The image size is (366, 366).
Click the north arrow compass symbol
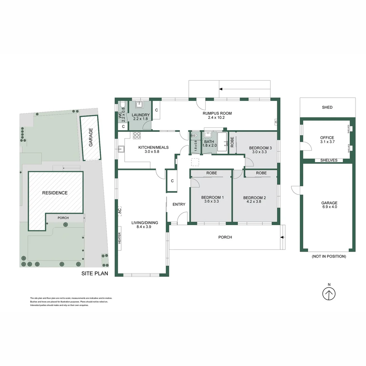coord(329,293)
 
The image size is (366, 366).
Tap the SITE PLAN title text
coord(95,273)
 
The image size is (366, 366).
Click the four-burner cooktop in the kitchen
coord(137,135)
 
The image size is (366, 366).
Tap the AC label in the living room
coord(119,210)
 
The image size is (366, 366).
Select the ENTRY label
coord(179,204)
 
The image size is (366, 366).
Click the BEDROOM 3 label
coord(260,148)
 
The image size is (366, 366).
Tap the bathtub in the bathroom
coord(222,142)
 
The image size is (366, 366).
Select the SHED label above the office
coord(327,107)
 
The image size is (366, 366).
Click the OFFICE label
coord(327,138)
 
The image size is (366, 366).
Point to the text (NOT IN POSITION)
coord(329,257)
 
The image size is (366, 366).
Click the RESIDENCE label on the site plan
coord(55,193)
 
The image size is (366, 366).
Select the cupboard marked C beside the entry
coord(172,181)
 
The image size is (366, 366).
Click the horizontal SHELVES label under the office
coord(329,160)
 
